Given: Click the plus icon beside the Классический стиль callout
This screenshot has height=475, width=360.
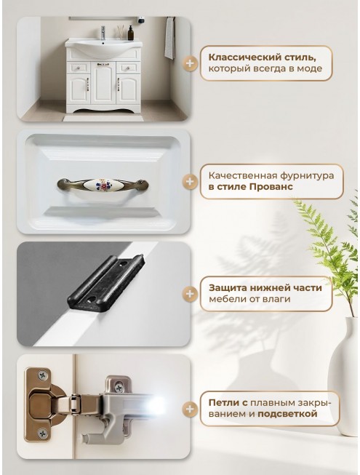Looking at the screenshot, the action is [x=190, y=63].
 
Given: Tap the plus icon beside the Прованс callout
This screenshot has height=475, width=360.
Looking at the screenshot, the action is [x=190, y=181].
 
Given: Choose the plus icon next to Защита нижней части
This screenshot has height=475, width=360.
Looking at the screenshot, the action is [x=190, y=294].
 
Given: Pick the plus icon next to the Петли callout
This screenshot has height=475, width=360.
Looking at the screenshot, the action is [x=190, y=409].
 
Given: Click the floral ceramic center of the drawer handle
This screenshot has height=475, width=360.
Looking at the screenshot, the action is [x=103, y=183].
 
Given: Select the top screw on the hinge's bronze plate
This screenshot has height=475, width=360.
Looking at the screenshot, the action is [x=43, y=376].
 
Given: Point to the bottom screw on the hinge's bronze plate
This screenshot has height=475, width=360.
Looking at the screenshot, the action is [x=42, y=434].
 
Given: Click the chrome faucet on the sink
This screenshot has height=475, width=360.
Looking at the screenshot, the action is [x=103, y=33].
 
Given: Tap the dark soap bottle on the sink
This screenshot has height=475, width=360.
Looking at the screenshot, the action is [x=130, y=33].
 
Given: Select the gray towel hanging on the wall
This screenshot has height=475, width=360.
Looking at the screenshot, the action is [x=170, y=38].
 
